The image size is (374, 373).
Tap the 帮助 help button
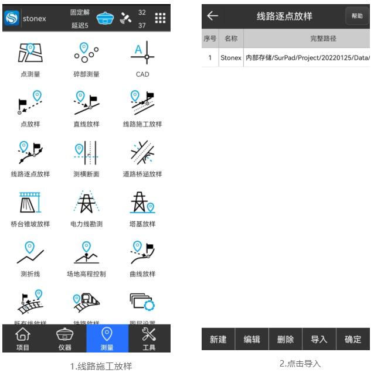click(x=358, y=16)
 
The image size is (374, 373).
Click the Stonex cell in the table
click(x=230, y=59)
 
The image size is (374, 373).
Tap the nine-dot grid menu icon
click(x=160, y=17)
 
